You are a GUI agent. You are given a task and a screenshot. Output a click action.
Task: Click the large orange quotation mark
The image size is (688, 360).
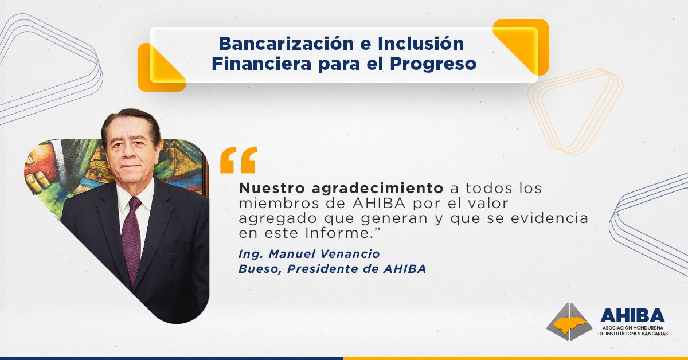(x=238, y=160)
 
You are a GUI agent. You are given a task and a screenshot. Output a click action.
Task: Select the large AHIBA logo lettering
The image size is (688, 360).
(x=632, y=316)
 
